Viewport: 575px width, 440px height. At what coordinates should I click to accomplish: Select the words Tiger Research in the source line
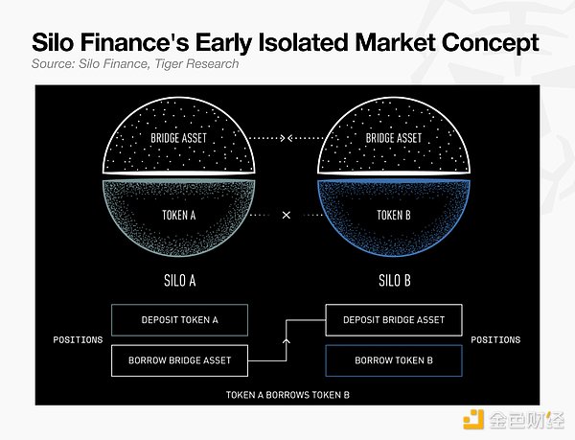pos(196,64)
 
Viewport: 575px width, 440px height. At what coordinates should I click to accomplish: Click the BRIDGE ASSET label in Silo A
pos(179,138)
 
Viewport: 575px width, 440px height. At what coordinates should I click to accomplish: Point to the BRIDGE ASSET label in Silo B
pos(394,138)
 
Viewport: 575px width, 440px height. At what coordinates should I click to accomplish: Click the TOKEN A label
pos(179,216)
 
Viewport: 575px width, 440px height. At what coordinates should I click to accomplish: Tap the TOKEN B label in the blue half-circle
pos(394,216)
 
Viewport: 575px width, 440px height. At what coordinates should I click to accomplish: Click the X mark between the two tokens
pos(287,215)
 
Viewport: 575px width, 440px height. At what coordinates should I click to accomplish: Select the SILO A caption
pos(180,281)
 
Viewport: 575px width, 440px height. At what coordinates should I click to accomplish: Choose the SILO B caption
pos(395,281)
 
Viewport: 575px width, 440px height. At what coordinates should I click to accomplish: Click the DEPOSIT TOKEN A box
pos(180,320)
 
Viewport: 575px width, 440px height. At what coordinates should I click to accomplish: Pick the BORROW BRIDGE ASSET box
pos(180,360)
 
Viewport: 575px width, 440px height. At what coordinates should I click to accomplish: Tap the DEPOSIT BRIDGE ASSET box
pos(394,320)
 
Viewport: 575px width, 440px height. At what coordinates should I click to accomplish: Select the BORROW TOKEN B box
pos(394,360)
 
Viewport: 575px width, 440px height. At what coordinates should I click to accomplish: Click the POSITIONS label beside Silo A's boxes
pos(78,340)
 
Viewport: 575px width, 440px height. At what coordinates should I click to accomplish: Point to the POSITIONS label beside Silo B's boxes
pos(495,340)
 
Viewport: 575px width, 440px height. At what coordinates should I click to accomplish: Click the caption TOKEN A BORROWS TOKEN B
pos(287,395)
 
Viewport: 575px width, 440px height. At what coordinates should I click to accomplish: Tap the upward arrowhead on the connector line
pos(287,341)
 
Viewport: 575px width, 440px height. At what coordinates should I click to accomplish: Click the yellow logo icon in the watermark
pos(473,420)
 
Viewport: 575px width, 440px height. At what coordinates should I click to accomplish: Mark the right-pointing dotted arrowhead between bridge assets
pos(283,138)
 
